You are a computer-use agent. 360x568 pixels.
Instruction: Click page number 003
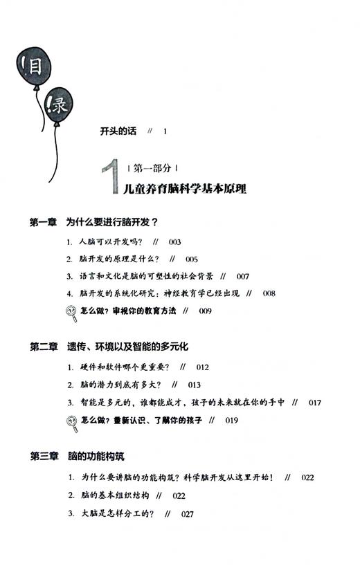tap(174, 242)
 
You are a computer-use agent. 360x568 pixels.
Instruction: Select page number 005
tap(191, 259)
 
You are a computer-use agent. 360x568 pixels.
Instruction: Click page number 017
tap(315, 402)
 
